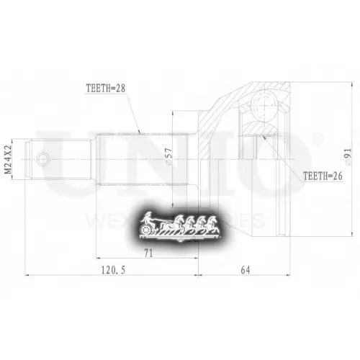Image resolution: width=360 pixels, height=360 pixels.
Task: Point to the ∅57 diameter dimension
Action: point(168,158)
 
